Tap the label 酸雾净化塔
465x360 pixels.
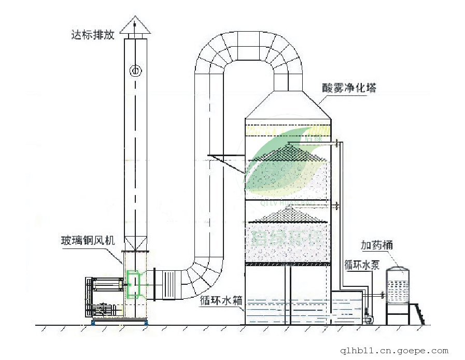point(349,88)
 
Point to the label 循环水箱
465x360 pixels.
point(220,300)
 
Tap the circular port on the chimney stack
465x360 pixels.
point(135,70)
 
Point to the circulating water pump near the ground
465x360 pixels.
point(368,316)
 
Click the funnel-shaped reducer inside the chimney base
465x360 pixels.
point(135,243)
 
